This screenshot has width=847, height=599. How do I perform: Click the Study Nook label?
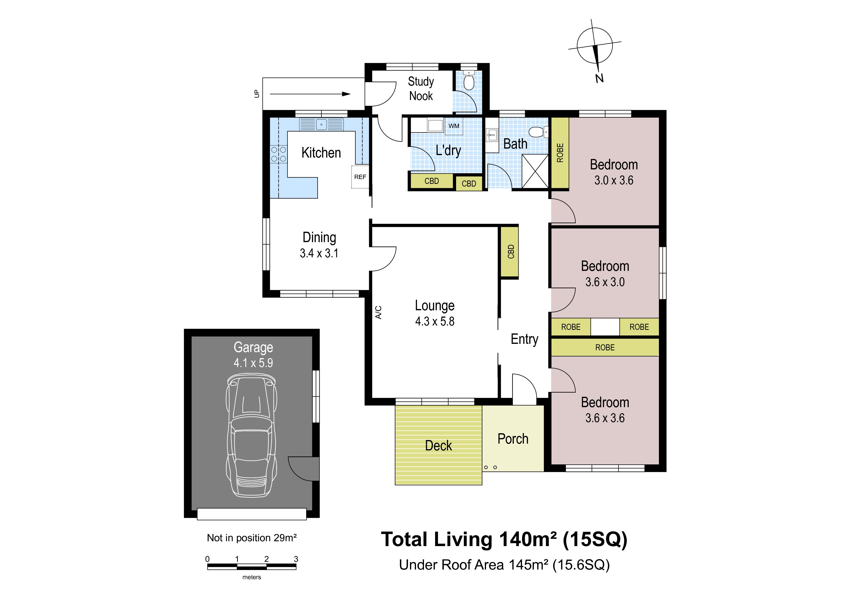[421, 89]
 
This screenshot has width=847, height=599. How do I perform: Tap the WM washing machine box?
[454, 126]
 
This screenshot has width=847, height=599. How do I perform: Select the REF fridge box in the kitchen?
[360, 177]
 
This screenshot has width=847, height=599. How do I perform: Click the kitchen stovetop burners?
[279, 154]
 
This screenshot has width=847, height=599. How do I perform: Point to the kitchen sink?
[321, 124]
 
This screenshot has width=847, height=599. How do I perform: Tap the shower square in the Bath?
[535, 171]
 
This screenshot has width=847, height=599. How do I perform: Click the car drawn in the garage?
[251, 435]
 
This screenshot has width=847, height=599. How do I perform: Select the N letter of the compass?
[600, 78]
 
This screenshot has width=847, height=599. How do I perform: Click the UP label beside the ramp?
[257, 94]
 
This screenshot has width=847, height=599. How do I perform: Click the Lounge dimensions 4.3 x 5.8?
[435, 321]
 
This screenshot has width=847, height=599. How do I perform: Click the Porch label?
[513, 439]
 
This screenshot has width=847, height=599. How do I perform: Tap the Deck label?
[438, 446]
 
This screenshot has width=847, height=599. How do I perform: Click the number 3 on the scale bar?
[296, 559]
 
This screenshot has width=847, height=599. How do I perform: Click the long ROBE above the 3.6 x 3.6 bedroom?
[605, 347]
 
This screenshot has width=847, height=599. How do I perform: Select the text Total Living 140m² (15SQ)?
[504, 540]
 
